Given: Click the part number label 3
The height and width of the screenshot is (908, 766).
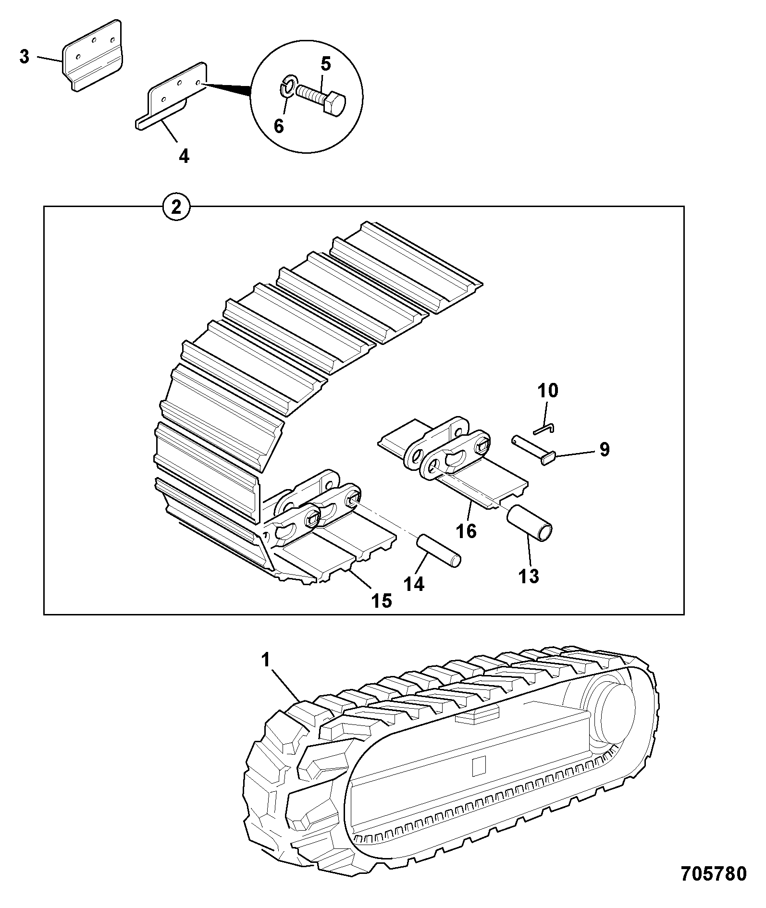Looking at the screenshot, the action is [x=25, y=57].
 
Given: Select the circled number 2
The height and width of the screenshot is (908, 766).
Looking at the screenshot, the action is [x=176, y=207].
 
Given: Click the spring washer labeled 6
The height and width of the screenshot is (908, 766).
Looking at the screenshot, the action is [x=287, y=86].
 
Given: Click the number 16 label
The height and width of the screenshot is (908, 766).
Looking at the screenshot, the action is [x=466, y=531].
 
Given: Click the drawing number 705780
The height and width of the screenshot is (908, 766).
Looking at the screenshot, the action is [x=714, y=873].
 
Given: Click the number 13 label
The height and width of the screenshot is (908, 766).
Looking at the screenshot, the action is [x=529, y=576].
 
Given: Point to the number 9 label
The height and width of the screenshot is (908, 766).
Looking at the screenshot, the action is [x=604, y=450].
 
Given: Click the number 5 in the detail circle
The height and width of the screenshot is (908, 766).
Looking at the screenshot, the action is [x=326, y=64].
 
